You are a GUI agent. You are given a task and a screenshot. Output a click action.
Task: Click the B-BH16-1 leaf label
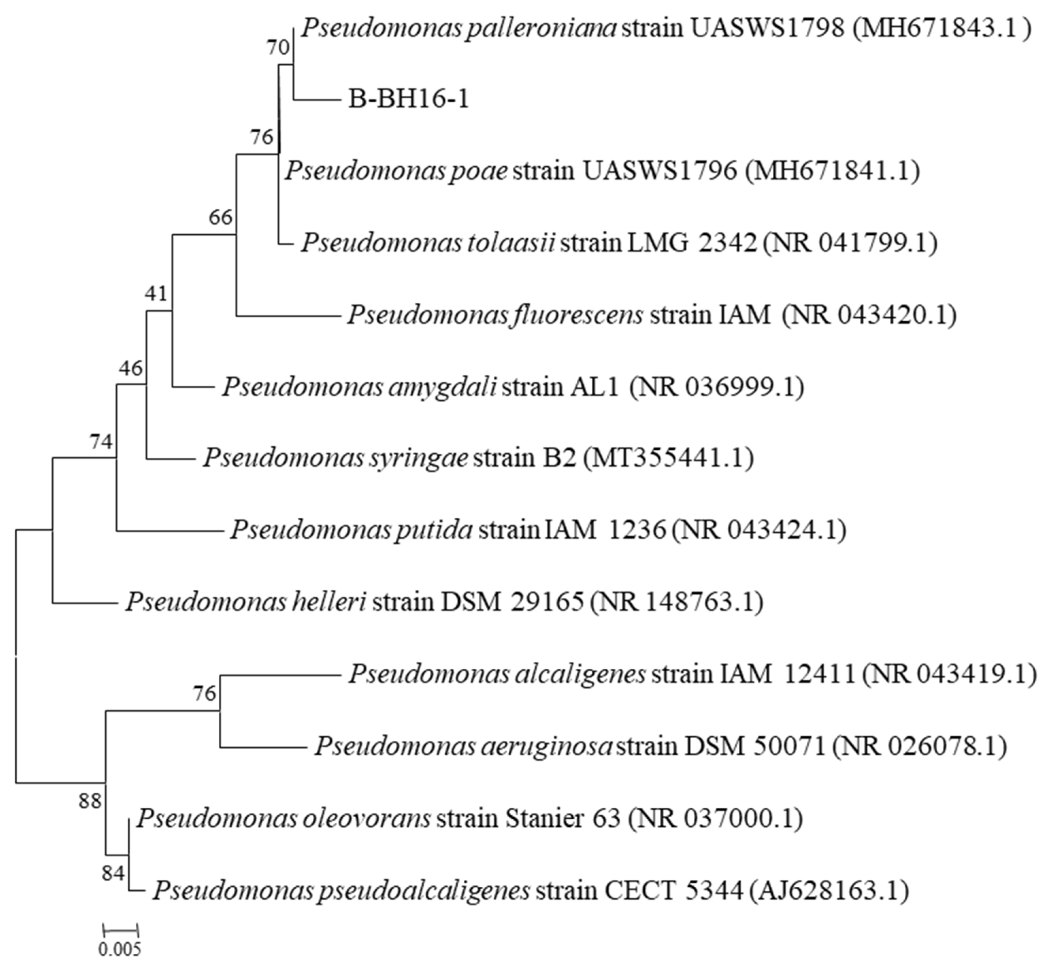408,99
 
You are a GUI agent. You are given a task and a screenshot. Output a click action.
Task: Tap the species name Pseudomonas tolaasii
428,243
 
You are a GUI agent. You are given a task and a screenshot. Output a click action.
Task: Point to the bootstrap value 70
278,48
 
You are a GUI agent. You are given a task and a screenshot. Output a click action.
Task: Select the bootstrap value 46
130,368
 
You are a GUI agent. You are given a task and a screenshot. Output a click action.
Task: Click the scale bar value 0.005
120,949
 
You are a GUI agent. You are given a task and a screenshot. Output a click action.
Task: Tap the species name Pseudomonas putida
352,530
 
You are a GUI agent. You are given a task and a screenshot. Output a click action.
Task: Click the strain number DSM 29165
512,602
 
